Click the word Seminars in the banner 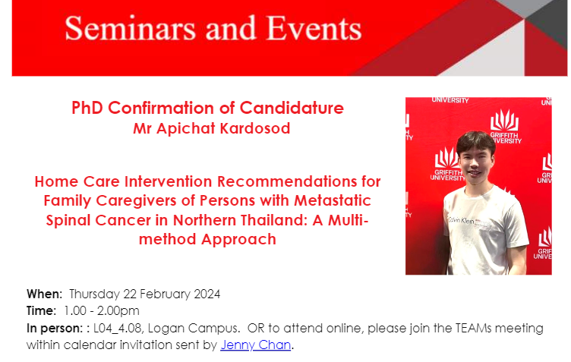pos(131,28)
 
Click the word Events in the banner pos(314,28)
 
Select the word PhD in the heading pos(87,108)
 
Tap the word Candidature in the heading pos(292,108)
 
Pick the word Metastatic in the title pos(333,200)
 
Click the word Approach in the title pos(238,239)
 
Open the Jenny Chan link pos(256,345)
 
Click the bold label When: pos(45,294)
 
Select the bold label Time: pos(41,311)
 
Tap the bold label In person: pos(55,329)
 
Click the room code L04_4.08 pos(118,329)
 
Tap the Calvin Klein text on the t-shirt pos(462,220)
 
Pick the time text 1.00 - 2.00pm pos(102,311)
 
